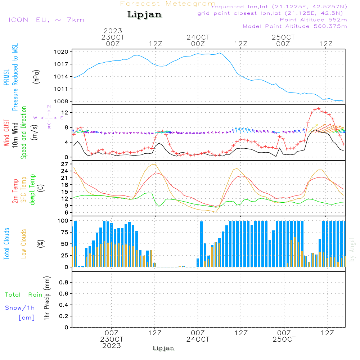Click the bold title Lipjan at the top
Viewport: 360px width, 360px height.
point(144,14)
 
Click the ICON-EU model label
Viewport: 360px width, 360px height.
point(46,19)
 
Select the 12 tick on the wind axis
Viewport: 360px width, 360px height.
point(65,113)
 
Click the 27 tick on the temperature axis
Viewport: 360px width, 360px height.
point(65,164)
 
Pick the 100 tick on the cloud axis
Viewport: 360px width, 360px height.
point(63,220)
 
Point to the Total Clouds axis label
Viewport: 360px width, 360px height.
point(6,243)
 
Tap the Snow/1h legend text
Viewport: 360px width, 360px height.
point(20,308)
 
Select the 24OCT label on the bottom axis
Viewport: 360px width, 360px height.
point(198,339)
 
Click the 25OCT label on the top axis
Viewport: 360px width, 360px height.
point(283,37)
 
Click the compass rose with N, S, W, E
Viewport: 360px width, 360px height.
point(49,117)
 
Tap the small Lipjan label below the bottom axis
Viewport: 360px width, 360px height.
point(163,348)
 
